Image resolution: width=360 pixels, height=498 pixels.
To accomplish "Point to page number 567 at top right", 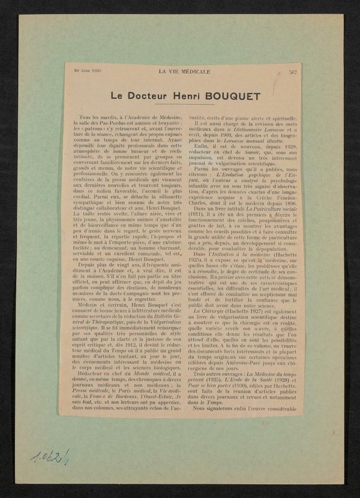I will coord(293,71).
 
